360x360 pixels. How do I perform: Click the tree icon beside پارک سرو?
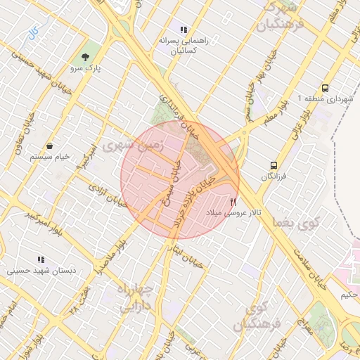(x=86, y=56)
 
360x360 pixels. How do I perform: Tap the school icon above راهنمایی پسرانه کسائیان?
(x=183, y=30)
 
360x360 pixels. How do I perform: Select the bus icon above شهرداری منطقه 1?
(x=325, y=89)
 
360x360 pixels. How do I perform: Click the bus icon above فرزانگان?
(x=273, y=165)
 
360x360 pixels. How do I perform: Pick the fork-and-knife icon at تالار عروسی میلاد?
(x=233, y=201)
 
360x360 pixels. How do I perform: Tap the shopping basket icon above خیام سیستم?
(x=50, y=146)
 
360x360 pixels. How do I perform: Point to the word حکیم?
(x=349, y=295)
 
